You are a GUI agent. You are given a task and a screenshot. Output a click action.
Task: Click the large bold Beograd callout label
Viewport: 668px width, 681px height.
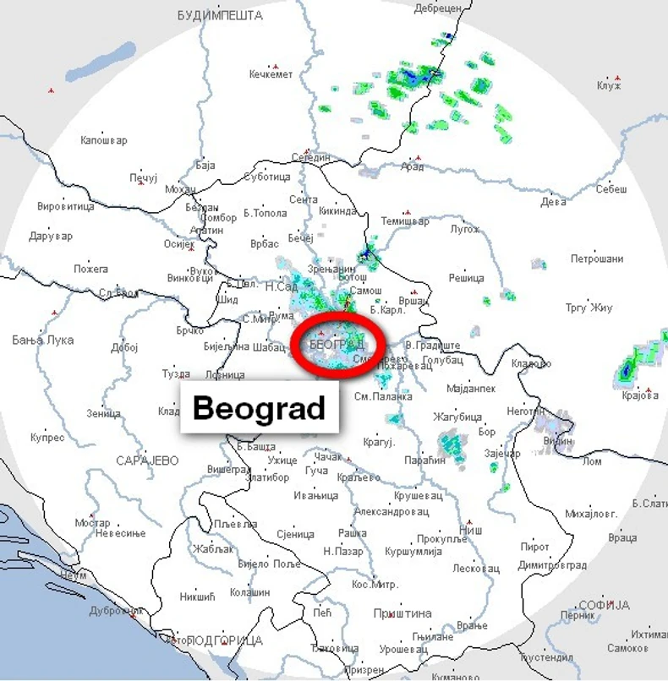(x=260, y=409)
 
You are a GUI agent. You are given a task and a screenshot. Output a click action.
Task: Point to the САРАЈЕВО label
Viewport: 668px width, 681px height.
(x=148, y=460)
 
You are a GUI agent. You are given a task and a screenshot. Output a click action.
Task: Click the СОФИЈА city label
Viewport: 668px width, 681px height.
(x=604, y=605)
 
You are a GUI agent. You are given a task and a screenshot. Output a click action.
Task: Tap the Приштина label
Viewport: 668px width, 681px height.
(x=403, y=613)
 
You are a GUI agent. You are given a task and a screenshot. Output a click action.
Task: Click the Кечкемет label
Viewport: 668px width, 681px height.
(x=271, y=74)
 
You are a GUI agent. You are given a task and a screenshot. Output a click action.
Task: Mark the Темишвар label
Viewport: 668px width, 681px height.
(x=405, y=221)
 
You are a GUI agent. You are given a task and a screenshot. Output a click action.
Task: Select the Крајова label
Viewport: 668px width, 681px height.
(x=639, y=395)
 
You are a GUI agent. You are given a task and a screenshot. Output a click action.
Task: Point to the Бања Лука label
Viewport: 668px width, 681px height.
(x=43, y=340)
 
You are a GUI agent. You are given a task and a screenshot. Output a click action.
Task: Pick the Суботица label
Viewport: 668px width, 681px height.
(x=266, y=177)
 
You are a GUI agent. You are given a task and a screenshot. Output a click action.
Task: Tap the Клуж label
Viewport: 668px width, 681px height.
(x=609, y=86)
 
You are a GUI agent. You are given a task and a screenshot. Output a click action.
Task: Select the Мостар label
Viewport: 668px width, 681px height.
(x=92, y=523)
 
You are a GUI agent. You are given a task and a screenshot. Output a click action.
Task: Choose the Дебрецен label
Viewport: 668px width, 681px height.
(x=438, y=8)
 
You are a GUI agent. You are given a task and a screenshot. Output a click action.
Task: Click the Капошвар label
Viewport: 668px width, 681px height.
(x=103, y=140)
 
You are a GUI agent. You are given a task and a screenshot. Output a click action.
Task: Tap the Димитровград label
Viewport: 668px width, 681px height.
(x=552, y=564)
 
